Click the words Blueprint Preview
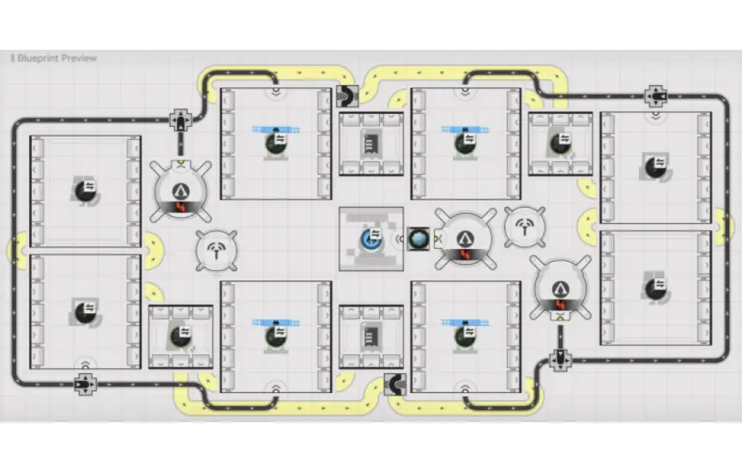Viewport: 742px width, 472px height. coord(57,58)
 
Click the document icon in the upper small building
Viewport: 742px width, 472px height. coord(371,143)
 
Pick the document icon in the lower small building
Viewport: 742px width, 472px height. coord(371,336)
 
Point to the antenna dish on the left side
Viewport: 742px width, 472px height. coord(217,251)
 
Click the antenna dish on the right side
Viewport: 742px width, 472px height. coord(525,227)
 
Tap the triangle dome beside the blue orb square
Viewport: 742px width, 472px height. coord(466,240)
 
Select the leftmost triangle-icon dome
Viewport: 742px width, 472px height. coord(181,191)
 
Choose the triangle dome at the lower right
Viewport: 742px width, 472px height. coord(560,287)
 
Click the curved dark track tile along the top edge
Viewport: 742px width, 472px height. coord(347,96)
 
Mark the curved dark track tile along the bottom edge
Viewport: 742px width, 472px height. coord(395,384)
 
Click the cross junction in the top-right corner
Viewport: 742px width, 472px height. coord(655,97)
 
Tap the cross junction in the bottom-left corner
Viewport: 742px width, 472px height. coord(86,384)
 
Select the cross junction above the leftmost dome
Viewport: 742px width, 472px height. coord(181,120)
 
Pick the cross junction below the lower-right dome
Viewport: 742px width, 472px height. coord(560,360)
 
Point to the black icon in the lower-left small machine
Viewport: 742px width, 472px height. coord(180,336)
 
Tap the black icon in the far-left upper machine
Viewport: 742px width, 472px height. coord(86,191)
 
